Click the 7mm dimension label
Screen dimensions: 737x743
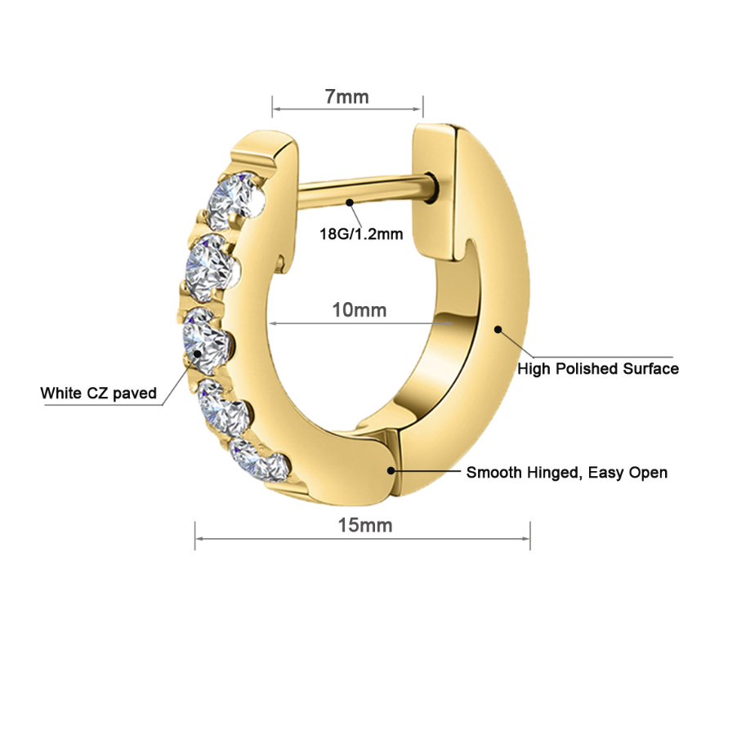(x=346, y=96)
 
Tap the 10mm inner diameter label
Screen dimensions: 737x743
(x=359, y=310)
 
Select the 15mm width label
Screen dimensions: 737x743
(x=364, y=526)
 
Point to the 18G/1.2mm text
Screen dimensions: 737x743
(x=361, y=234)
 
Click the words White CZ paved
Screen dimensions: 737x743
(x=98, y=394)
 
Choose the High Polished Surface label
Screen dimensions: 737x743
(x=598, y=369)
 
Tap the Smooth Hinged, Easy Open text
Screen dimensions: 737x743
(x=567, y=473)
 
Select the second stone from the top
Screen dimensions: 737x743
(x=212, y=268)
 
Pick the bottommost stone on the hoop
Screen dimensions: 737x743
(x=259, y=460)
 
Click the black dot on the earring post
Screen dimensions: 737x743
(x=350, y=202)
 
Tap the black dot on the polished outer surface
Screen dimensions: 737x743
(x=498, y=329)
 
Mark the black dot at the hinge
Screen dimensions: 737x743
(x=391, y=470)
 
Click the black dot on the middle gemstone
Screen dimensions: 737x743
(x=197, y=354)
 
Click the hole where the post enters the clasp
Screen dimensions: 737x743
(x=431, y=188)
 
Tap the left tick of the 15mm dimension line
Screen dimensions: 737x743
(x=195, y=536)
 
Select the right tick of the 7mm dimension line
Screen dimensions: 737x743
(x=423, y=106)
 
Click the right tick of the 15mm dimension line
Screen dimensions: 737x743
(x=529, y=536)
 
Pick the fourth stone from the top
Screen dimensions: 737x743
(x=223, y=408)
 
